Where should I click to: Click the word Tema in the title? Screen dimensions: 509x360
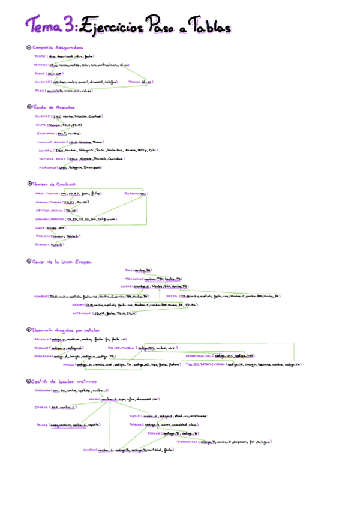click(44, 26)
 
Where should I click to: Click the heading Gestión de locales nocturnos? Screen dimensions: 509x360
click(61, 381)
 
